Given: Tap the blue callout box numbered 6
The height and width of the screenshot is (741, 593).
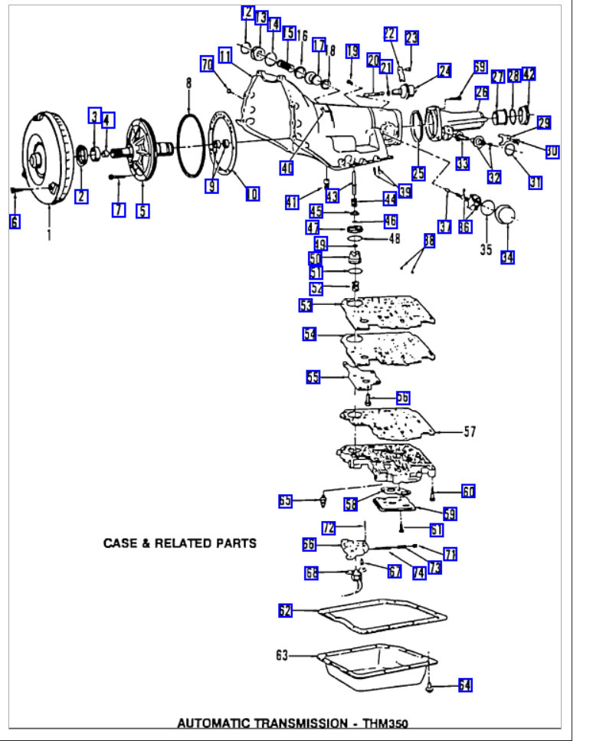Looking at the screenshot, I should coord(15,221).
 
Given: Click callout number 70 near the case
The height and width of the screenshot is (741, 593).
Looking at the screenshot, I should coord(207,65).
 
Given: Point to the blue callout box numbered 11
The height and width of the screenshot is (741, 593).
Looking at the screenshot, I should coord(224,56).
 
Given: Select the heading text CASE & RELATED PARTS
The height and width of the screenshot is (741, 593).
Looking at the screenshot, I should coord(180,543).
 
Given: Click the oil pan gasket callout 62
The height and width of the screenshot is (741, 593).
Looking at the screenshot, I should coord(285,610).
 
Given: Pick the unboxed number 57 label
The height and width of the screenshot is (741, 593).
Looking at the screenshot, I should coord(469,432).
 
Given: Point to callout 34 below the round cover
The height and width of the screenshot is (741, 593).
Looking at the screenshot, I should coord(506,257).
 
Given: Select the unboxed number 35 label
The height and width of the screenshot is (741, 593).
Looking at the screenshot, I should coord(484,249).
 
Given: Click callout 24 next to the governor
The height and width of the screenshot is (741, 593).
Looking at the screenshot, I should coord(444,71).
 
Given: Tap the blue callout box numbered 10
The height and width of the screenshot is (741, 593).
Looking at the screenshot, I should coord(253,194).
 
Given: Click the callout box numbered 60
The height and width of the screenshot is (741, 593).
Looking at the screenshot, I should coord(468,490).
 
